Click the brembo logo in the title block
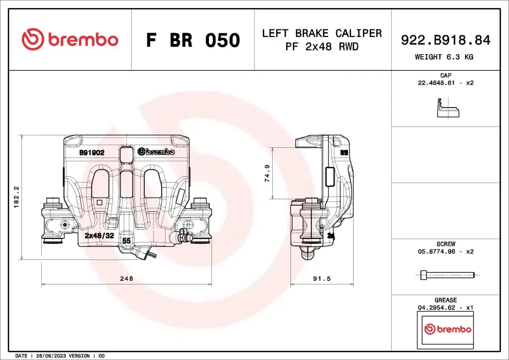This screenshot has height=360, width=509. [70, 39]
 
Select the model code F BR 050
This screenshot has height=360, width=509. [193, 40]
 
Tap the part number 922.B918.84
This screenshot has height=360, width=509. [446, 40]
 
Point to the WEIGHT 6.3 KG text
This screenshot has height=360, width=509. [444, 57]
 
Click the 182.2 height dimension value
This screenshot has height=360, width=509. [16, 197]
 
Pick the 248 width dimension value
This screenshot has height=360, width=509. [126, 279]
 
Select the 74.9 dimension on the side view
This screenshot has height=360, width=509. [267, 174]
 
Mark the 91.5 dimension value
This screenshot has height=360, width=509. [321, 279]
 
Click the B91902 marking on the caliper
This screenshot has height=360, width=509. [92, 153]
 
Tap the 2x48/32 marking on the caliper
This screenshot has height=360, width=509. [99, 236]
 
